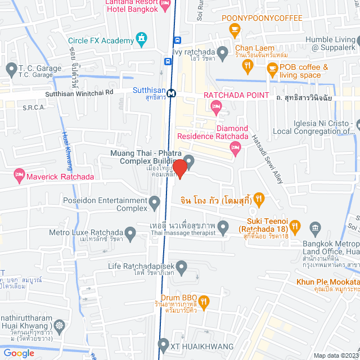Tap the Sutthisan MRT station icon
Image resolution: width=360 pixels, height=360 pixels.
(171, 93)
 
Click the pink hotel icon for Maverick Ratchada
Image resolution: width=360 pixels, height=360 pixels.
(19, 175)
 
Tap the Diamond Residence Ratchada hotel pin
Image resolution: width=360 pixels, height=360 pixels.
(236, 148)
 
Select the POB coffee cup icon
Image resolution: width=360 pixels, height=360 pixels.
(272, 70)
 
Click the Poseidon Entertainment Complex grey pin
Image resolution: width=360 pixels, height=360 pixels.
(155, 201)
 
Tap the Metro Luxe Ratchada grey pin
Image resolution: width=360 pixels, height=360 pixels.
(130, 232)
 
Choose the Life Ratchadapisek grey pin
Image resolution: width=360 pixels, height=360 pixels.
(181, 265)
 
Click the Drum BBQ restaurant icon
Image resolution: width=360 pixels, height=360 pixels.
(205, 301)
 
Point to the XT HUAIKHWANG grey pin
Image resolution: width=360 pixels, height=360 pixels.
(163, 343)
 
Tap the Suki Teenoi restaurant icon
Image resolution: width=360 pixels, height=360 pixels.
(297, 227)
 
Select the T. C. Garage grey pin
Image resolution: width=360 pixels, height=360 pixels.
(11, 69)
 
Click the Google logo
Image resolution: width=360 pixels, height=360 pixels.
(19, 353)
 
